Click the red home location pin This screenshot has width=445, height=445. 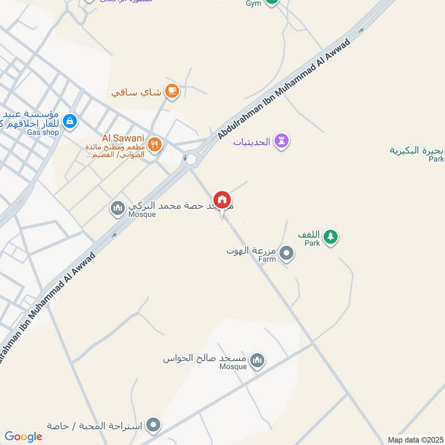(222, 200)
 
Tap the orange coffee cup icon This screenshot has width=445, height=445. (172, 91)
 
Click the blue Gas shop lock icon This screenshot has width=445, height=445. (70, 120)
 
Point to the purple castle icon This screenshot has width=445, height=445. (282, 141)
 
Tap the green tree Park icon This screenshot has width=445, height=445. (331, 236)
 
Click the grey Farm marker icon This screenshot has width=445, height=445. (286, 254)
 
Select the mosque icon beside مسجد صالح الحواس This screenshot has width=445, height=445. (256, 360)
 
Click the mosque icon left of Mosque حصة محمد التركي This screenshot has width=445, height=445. (117, 209)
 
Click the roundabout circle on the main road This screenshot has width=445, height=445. (192, 160)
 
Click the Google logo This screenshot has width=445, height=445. (23, 437)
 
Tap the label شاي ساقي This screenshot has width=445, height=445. (136, 92)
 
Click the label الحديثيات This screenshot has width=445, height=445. (251, 142)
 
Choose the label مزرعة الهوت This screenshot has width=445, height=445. (251, 251)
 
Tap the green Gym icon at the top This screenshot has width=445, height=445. (271, 2)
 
